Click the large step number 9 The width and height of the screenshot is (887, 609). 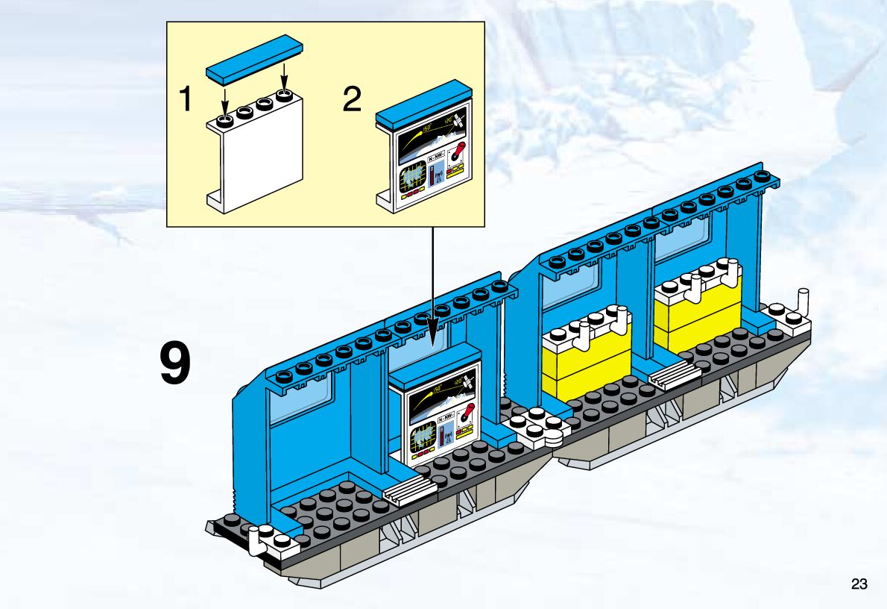point(176,365)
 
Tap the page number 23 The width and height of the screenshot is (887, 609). point(859,584)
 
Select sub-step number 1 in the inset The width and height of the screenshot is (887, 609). point(186,99)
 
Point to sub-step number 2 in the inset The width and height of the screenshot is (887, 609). point(352,99)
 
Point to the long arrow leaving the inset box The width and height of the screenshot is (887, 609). point(431,284)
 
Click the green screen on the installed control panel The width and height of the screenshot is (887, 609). point(424,436)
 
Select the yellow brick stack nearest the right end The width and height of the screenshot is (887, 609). point(698,307)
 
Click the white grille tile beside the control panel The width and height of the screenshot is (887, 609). point(409,491)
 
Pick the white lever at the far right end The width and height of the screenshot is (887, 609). point(803,302)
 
